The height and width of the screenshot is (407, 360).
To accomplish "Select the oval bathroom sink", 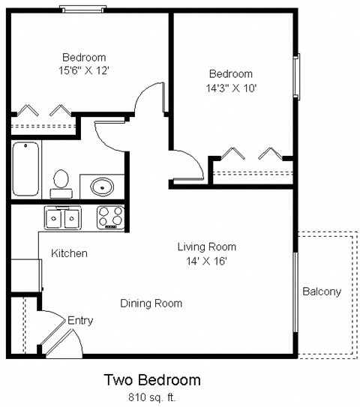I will (101, 184).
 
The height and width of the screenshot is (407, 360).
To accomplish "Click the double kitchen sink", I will (63, 218).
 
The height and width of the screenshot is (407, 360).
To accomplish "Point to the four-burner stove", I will (110, 217).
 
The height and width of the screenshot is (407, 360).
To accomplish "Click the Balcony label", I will (322, 292).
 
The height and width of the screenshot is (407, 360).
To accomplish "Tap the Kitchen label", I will (69, 253).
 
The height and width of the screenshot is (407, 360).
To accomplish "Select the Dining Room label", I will (151, 304).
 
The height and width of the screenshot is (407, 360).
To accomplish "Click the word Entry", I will (80, 321).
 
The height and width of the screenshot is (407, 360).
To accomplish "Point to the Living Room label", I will (206, 247).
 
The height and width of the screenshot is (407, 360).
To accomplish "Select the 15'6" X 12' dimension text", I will (83, 71).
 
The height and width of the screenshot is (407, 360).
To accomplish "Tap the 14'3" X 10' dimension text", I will (230, 88).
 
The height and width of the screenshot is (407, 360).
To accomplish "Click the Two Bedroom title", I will (151, 380).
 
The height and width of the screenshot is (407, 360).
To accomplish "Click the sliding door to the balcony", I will (295, 292).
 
